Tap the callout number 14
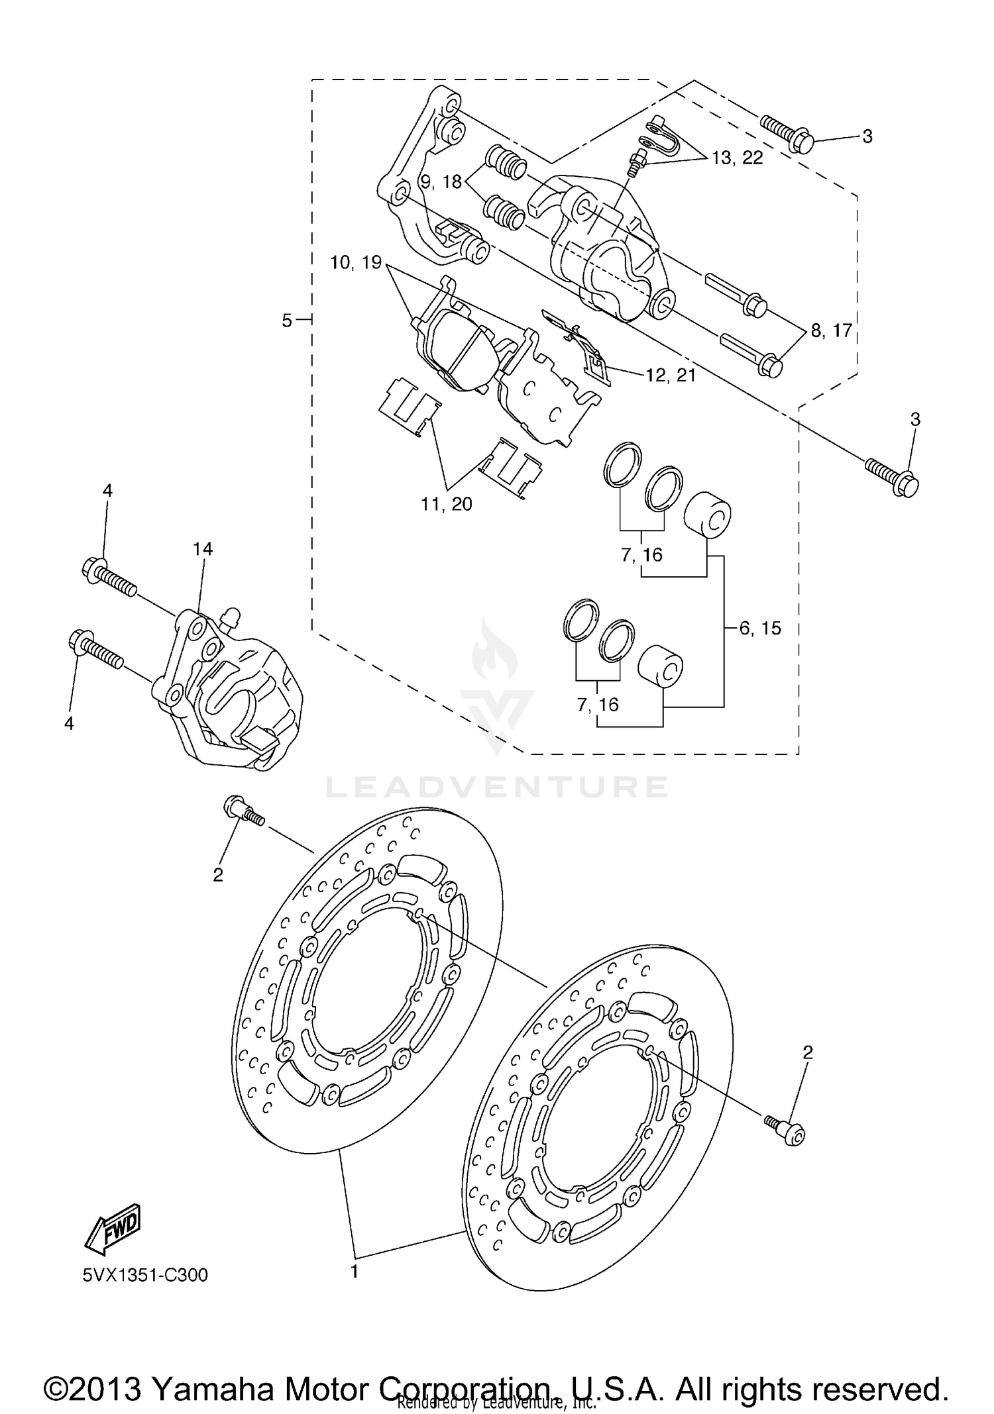click(x=203, y=549)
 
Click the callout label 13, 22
click(x=737, y=158)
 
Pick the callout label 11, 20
click(x=447, y=504)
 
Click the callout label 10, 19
click(x=357, y=262)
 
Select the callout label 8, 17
click(x=831, y=330)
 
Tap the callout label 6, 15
click(x=760, y=628)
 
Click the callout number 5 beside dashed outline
click(x=287, y=321)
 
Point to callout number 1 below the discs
click(x=355, y=1272)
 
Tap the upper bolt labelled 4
click(x=110, y=578)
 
